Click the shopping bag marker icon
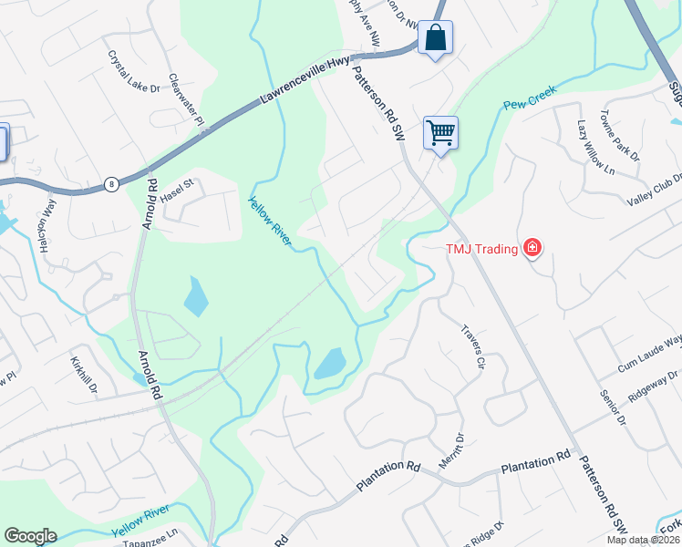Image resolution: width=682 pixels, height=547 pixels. pyautogui.click(x=435, y=38)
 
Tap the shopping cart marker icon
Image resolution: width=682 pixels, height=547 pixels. pyautogui.click(x=440, y=133)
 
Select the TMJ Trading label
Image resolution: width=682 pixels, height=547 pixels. pyautogui.click(x=481, y=247)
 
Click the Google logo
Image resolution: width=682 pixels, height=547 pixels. pyautogui.click(x=31, y=536)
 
